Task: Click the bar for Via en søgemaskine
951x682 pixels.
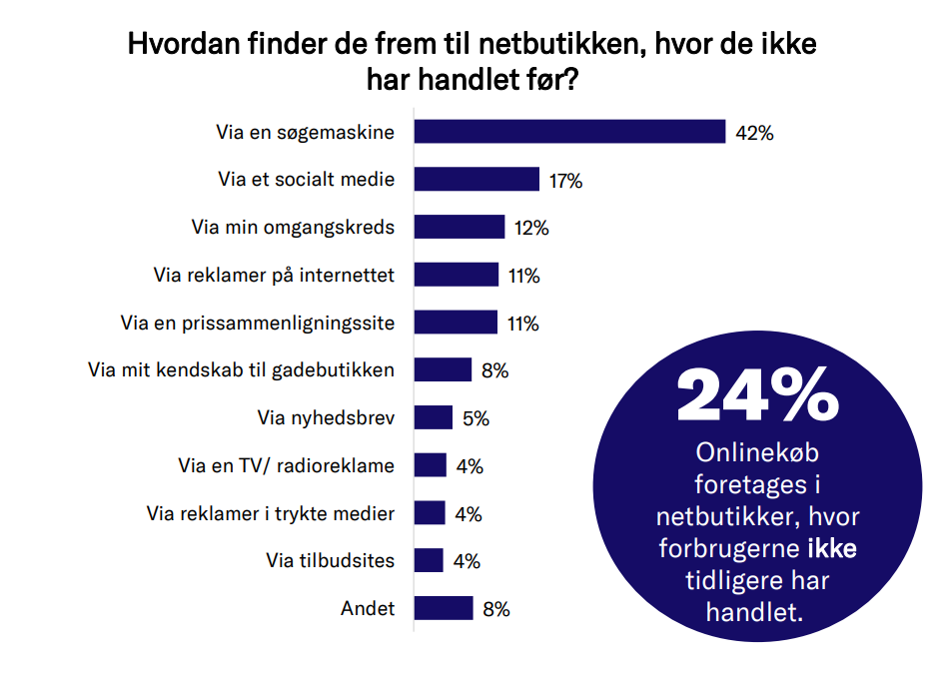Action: pos(569,132)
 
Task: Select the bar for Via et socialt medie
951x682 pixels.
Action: pos(476,180)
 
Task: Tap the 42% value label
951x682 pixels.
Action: pos(754,133)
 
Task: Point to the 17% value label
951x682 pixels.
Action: pos(565,181)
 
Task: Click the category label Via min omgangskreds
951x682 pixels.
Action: pos(293,228)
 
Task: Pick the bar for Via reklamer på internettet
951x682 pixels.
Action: pos(456,275)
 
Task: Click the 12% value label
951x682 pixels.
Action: pos(531,229)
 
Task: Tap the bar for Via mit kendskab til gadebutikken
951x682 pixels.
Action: pos(443,369)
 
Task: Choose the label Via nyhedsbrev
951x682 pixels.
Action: pos(326,418)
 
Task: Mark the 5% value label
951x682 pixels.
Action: pos(475,419)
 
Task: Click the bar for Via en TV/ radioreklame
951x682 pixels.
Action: pos(430,465)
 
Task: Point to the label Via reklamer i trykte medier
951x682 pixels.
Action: pos(271,514)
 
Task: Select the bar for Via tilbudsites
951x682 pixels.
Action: pos(429,560)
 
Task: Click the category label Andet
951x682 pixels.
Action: pos(368,608)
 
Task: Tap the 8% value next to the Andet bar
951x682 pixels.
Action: pos(495,609)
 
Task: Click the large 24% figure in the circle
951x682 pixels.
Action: pos(757,396)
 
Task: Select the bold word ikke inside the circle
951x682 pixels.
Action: pos(831,549)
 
